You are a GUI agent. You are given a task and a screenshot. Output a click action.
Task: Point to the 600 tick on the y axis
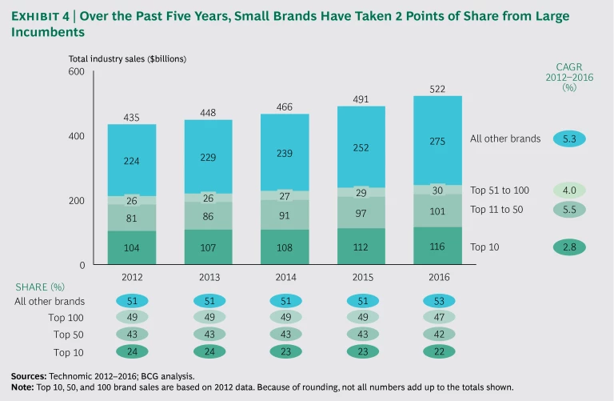[x=77, y=72]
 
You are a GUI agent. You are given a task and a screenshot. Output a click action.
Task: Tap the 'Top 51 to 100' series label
[x=500, y=190]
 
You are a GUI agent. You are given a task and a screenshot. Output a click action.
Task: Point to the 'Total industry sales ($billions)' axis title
[x=132, y=58]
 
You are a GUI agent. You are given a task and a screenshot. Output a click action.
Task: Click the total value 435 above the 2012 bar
[x=132, y=118]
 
